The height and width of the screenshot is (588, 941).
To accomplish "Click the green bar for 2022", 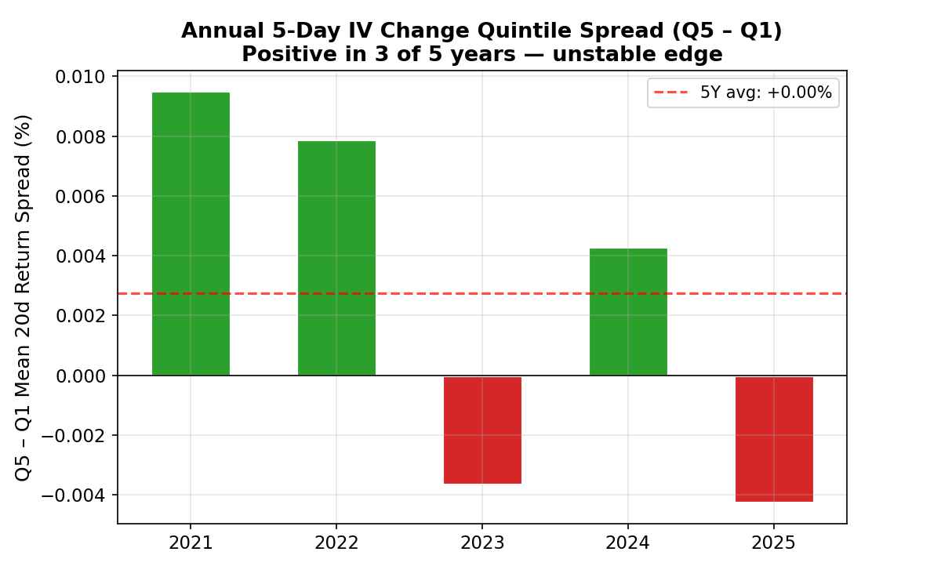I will [x=336, y=258].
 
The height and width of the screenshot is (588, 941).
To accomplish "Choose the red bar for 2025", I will [x=774, y=438].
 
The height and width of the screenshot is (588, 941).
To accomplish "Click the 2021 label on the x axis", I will [x=191, y=543].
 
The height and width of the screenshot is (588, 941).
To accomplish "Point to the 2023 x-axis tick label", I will [x=482, y=543].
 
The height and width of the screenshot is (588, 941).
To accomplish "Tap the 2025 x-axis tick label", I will [x=774, y=543].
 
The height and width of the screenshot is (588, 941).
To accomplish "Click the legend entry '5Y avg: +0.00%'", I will [x=765, y=93].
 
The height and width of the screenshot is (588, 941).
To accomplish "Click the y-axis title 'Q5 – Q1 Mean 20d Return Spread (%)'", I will [x=24, y=297].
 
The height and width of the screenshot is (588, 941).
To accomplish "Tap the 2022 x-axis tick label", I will [x=336, y=543].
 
